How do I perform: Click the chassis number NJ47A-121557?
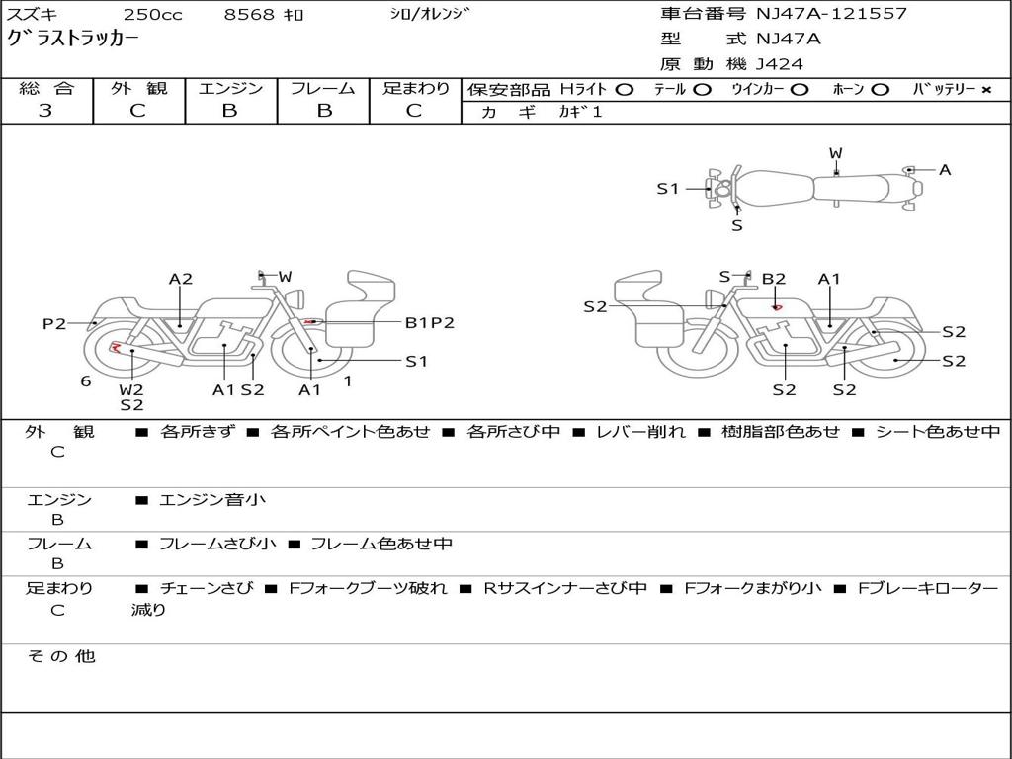[831, 13]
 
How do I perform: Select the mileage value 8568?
[249, 14]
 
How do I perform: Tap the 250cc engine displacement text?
[153, 14]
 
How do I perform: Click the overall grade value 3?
[45, 111]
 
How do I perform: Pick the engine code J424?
[779, 64]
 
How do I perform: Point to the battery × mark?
[985, 90]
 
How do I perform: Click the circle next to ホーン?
[880, 90]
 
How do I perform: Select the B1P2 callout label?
[429, 323]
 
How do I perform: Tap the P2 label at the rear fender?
[54, 323]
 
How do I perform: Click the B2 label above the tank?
[773, 279]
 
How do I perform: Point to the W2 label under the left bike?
[131, 389]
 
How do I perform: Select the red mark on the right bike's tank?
[777, 308]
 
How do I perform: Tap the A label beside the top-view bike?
[944, 170]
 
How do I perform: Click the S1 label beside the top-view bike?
[668, 189]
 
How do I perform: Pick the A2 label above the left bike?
[181, 279]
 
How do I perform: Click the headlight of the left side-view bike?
[297, 299]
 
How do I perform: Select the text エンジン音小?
[212, 499]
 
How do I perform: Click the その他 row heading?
[61, 656]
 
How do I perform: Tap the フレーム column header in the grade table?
[323, 88]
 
